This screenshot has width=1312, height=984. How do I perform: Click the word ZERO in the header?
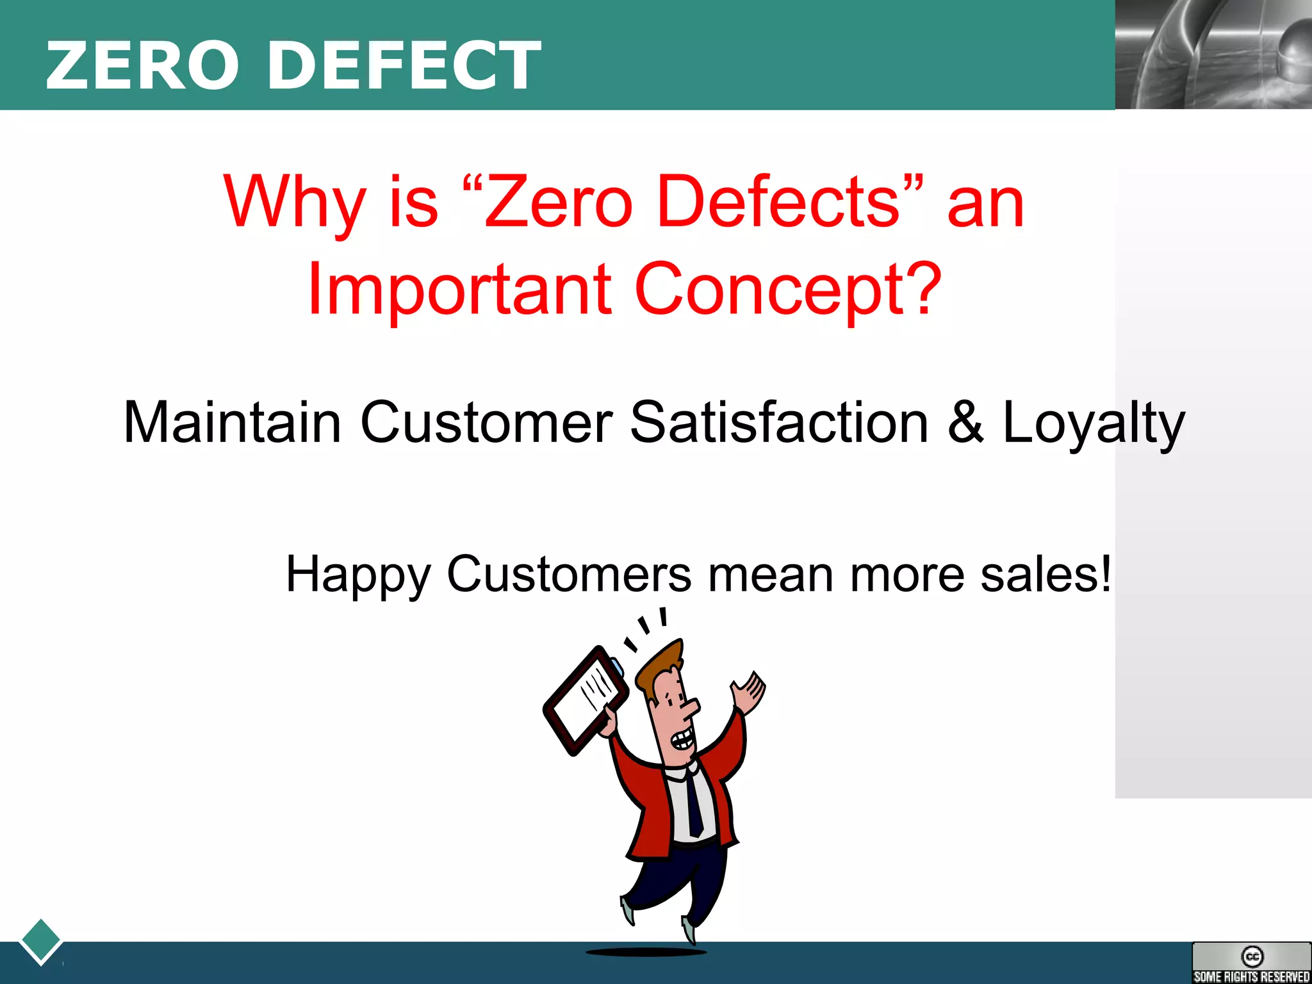click(142, 65)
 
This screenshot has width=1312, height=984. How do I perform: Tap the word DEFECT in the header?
click(404, 65)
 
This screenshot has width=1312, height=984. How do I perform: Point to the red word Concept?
click(788, 290)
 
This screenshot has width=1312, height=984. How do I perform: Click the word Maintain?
click(232, 423)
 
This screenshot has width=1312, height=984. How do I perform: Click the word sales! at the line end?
click(1045, 574)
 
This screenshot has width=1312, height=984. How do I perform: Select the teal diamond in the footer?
click(41, 940)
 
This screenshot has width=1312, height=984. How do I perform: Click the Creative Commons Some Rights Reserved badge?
click(1251, 962)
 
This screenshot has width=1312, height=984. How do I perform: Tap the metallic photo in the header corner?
click(1213, 54)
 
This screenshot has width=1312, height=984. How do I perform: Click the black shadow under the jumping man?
click(646, 952)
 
